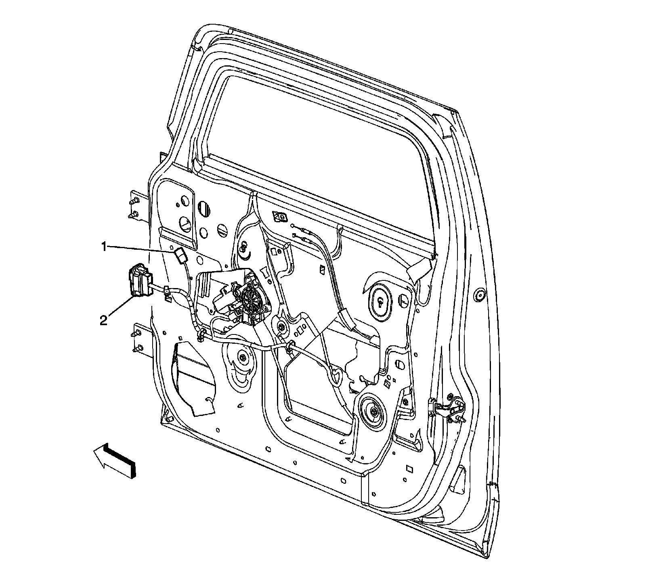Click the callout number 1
[x=104, y=246]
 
